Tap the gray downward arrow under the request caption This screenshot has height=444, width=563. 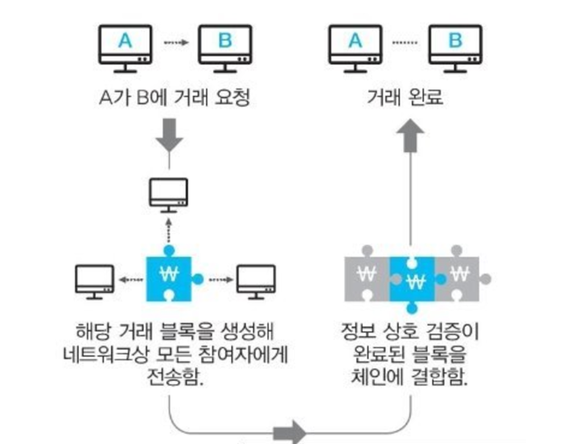171,137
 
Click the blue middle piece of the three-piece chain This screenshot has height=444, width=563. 413,278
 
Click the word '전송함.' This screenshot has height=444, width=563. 171,376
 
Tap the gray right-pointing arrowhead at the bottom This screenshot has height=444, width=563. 291,433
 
